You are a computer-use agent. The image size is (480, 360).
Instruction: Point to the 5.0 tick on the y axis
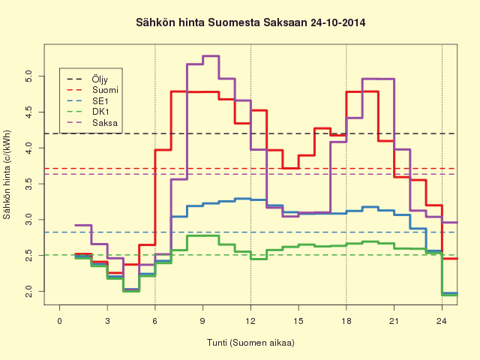coord(29,76)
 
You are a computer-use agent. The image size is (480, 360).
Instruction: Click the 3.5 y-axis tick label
coord(29,184)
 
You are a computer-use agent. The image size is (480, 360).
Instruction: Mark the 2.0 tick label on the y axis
coord(29,291)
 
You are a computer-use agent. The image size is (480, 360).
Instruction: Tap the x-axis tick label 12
coord(250,321)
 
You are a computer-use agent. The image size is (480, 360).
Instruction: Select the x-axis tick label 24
coord(442,321)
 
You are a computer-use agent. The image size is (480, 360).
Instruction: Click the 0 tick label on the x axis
coord(60,321)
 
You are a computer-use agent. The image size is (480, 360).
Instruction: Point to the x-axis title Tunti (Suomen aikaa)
coord(250,343)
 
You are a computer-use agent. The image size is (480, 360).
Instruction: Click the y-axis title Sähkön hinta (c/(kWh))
coord(7,175)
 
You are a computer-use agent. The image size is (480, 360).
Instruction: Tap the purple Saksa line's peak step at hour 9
coord(211,56)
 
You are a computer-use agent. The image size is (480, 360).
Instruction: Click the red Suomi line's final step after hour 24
coord(450,259)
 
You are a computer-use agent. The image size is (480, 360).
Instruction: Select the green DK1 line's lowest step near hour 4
coord(131,291)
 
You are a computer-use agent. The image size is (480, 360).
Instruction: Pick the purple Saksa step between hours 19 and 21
coord(378,79)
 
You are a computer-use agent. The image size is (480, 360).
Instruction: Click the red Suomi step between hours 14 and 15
coord(290,168)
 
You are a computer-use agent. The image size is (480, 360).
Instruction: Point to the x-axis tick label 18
coord(346,321)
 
